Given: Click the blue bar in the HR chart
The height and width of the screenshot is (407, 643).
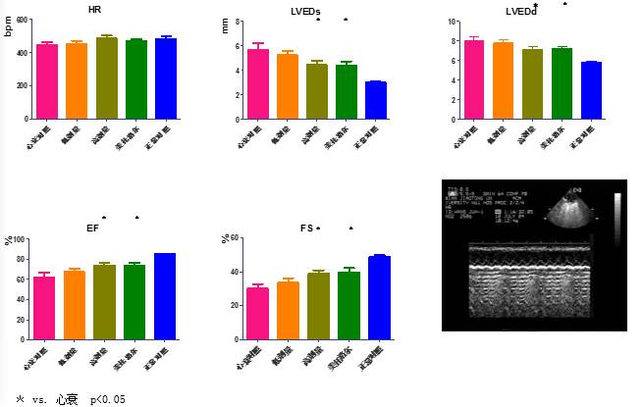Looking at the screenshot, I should (165, 78).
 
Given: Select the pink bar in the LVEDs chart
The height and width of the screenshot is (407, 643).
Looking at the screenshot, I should (258, 83).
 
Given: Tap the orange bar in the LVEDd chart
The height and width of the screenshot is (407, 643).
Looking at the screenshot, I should (504, 80).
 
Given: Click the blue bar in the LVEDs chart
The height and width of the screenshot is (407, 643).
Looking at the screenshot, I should (375, 100).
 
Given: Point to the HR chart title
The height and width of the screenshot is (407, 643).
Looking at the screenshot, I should (95, 9).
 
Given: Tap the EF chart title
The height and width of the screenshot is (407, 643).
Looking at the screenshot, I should (92, 228).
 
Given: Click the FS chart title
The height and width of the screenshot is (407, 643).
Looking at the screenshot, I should (306, 228).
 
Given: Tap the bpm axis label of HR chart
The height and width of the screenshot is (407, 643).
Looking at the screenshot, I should (8, 26).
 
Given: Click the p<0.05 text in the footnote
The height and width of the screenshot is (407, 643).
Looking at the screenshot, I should (108, 400).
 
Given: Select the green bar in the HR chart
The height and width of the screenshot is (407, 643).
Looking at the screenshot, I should (135, 79).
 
